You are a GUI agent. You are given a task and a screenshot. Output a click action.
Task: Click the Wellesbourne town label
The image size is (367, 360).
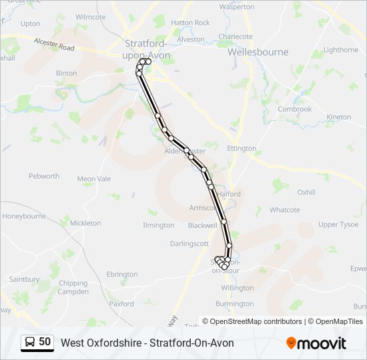click(x=258, y=51)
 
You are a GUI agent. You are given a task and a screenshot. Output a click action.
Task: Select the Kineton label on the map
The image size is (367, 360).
click(x=339, y=117)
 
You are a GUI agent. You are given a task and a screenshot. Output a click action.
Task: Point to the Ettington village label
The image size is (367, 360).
click(x=242, y=148)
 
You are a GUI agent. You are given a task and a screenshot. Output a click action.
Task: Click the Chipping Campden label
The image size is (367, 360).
click(x=73, y=287)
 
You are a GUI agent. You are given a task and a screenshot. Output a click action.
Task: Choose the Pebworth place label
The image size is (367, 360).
click(x=44, y=177)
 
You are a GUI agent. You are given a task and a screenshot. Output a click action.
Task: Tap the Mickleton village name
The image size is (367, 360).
click(x=85, y=223)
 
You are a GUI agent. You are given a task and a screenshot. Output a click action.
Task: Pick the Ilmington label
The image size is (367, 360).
click(x=158, y=225)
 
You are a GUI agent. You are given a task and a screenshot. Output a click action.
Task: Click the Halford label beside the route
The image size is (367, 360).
click(x=229, y=194)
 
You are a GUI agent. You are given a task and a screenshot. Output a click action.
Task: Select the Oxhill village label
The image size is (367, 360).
click(x=306, y=192)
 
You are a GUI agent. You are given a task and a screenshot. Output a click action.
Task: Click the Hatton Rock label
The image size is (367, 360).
click(x=190, y=23)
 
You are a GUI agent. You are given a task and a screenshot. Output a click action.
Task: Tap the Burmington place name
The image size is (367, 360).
click(x=235, y=304)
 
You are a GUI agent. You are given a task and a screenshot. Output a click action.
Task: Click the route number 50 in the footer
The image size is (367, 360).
click(x=45, y=341)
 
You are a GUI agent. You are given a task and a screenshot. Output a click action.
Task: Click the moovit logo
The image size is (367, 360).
click(x=316, y=343)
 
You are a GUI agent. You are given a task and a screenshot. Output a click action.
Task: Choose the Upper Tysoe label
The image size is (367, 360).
click(x=338, y=225)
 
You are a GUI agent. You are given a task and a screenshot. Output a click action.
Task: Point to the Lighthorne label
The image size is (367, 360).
click(x=340, y=50)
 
